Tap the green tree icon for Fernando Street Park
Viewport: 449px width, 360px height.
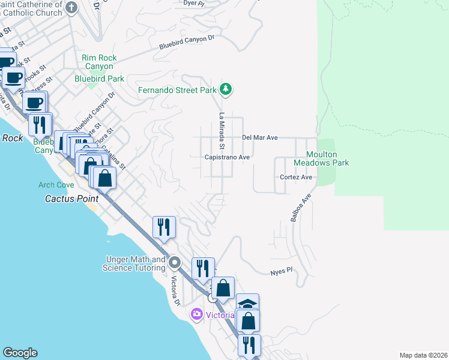[x=225, y=89]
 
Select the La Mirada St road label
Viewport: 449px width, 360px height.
[x=221, y=131]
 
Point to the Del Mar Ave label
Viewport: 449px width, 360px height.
[x=259, y=137]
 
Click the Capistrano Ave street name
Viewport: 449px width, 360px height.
[x=227, y=157]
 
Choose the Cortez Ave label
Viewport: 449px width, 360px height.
[x=296, y=178]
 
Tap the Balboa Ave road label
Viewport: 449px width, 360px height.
[x=301, y=208]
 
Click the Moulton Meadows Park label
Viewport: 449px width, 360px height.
[x=321, y=158]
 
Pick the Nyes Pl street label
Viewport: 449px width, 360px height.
[x=281, y=271]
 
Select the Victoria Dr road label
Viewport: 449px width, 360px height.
[x=176, y=291]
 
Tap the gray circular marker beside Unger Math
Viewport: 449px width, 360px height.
[x=175, y=263]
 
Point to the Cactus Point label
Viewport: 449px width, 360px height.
[x=67, y=198]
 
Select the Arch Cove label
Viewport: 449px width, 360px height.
[x=56, y=185]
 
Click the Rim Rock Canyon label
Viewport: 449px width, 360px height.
[x=99, y=62]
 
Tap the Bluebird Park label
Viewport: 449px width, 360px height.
[x=99, y=79]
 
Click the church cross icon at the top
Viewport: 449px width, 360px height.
[x=71, y=8]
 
